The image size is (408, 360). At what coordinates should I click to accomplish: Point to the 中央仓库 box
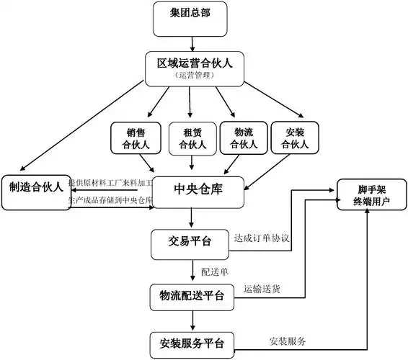pyautogui.click(x=200, y=190)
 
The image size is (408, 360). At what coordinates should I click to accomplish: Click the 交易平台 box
pyautogui.click(x=190, y=243)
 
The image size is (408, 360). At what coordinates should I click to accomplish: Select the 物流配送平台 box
pyautogui.click(x=190, y=295)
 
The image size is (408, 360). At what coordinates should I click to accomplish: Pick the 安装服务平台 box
pyautogui.click(x=190, y=343)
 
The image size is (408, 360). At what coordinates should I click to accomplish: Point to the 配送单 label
pyautogui.click(x=214, y=271)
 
